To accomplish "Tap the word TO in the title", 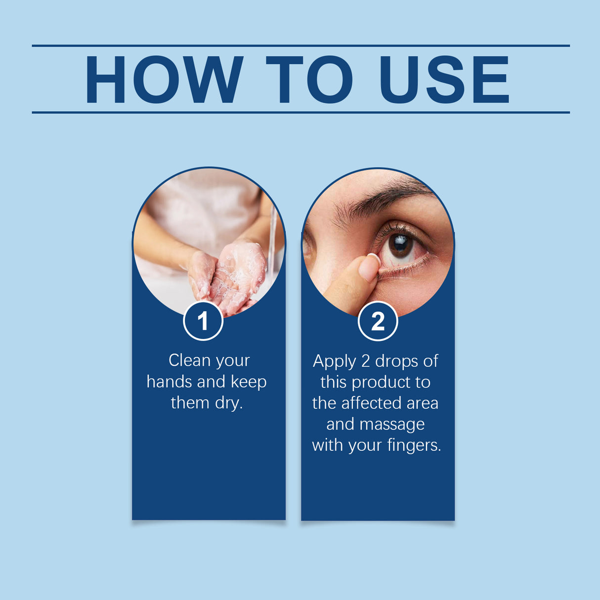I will (x=309, y=80).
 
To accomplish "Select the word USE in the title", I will (x=444, y=80).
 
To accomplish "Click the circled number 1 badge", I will (x=203, y=321).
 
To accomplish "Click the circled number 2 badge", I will (x=378, y=322).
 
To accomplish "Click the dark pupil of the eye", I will (x=400, y=243).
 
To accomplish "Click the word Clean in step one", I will (x=183, y=360).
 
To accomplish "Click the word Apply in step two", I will (x=334, y=361).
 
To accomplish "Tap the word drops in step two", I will (x=396, y=361).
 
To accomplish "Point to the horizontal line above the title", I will (x=300, y=45).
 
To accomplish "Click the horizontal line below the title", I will (x=300, y=112).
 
